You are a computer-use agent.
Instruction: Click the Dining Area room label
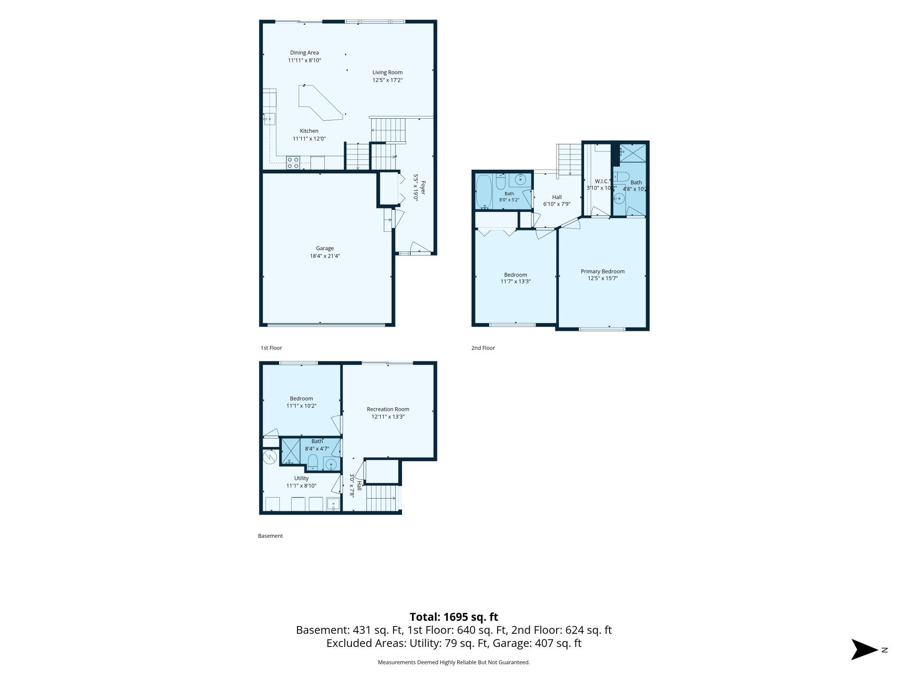pos(304,53)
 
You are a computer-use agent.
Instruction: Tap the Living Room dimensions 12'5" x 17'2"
pos(387,80)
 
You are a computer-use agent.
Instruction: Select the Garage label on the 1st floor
pos(325,248)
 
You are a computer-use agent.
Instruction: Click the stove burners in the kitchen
pos(292,162)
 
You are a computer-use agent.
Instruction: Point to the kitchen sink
pos(269,119)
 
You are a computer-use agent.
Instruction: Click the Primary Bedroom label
pos(602,272)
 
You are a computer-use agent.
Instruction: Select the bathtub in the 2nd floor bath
pos(483,192)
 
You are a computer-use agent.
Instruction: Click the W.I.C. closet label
pos(601,181)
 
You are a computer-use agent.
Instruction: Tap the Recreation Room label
pos(388,409)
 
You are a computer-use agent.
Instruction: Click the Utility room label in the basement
pos(301,478)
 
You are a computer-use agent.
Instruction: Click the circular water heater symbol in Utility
pos(270,457)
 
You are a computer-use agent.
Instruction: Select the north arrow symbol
pos(864,650)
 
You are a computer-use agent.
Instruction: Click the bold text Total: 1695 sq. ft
pos(454,617)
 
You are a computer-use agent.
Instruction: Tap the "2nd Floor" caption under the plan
pos(483,348)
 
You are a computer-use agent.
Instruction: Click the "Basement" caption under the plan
pos(270,536)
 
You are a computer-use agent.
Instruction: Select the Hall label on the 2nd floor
pos(557,197)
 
